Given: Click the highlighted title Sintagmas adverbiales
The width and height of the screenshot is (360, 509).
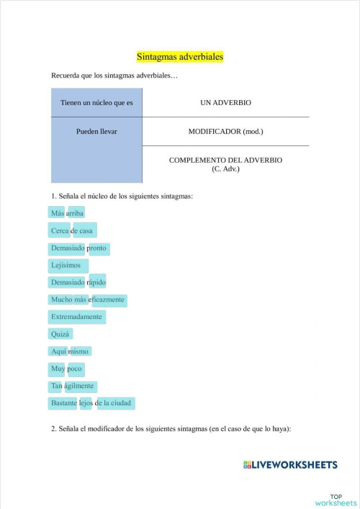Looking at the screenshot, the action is point(180,56).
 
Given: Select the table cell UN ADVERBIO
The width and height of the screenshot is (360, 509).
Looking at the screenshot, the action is point(225,103).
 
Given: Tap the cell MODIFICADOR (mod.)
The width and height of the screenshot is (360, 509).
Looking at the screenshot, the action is point(225,132).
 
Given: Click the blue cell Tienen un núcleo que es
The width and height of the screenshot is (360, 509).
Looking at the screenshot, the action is point(96,103).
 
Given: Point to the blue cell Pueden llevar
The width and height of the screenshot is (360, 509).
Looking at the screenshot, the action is point(96,132).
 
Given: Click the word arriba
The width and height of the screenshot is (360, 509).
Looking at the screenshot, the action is point(76,212).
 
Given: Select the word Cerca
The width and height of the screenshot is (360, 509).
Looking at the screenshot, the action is point(59,230).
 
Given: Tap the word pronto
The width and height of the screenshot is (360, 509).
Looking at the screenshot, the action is point(97,248).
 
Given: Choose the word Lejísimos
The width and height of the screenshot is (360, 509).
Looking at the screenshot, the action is point(66,265).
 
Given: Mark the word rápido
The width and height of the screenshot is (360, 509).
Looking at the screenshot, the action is point(97,282).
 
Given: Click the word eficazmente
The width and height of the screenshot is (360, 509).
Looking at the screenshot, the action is point(108,299).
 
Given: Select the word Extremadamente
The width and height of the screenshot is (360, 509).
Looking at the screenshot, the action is point(77,317).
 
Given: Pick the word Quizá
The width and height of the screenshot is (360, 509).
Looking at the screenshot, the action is point(60,334).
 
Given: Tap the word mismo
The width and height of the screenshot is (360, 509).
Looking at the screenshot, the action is point(79,351).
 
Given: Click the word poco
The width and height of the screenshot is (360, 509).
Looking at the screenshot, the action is point(75,369).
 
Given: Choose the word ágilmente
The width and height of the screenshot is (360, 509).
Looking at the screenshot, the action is point(81,386).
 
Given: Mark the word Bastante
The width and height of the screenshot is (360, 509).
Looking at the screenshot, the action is point(63,403).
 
